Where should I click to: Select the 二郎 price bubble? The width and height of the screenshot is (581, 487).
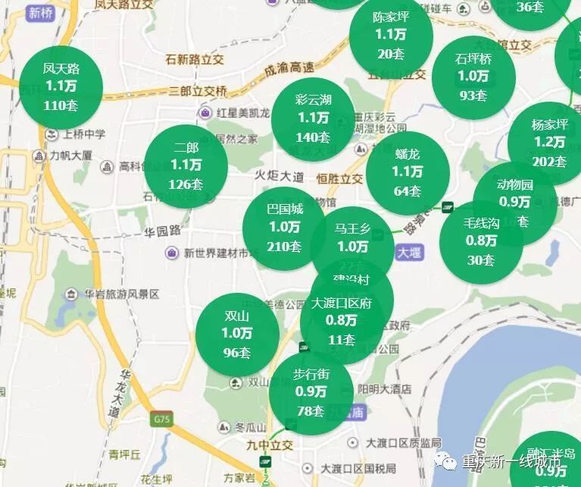[x=186, y=165]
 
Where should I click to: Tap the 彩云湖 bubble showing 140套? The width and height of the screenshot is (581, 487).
[x=313, y=118]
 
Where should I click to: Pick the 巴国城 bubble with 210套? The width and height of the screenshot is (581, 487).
[x=284, y=227]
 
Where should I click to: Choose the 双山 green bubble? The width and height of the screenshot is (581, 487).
[x=237, y=334]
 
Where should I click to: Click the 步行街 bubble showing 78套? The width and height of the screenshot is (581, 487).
[x=311, y=393]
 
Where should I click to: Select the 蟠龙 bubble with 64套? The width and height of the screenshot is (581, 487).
[x=408, y=172]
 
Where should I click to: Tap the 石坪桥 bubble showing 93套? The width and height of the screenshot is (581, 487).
[x=473, y=77]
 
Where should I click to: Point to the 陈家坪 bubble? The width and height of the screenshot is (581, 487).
[x=391, y=34]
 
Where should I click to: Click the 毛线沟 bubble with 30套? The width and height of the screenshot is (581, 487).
[x=481, y=241]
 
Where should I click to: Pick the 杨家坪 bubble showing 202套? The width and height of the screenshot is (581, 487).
[x=549, y=142]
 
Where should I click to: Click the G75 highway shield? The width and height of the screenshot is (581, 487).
[x=161, y=419]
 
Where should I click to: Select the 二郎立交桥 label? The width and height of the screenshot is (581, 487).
[x=198, y=91]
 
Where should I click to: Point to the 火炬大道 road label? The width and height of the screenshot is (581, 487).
[x=279, y=177]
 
